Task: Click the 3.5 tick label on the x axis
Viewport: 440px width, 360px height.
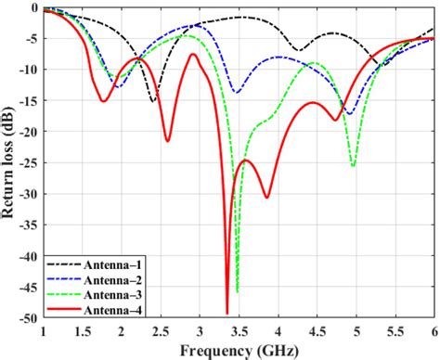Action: pos(238,330)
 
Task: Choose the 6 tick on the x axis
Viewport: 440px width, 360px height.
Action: pos(433,330)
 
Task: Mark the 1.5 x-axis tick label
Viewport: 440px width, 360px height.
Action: pos(82,330)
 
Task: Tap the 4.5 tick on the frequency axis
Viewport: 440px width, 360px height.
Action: pos(316,330)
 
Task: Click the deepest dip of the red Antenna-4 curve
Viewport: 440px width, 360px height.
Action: pos(226,314)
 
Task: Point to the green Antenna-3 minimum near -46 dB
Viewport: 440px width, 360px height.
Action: pos(237,291)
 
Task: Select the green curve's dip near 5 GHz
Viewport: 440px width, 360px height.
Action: pos(353,166)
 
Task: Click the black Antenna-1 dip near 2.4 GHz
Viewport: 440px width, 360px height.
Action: pos(153,101)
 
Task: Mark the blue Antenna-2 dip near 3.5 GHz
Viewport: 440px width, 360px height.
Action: pos(236,93)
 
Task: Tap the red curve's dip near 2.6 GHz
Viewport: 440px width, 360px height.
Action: pos(168,141)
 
